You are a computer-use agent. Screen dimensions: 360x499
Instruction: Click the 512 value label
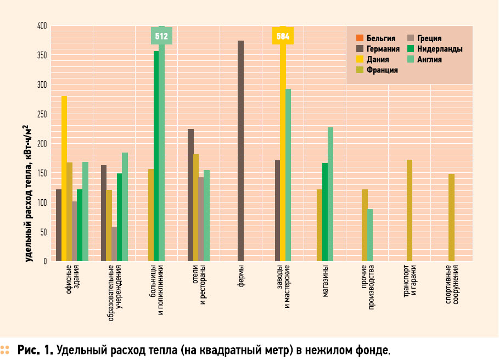pos(161,37)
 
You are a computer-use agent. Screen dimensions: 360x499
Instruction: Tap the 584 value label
pos(283,37)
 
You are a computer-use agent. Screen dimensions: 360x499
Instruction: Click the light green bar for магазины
pos(330,194)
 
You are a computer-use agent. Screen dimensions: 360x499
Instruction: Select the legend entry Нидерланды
pos(439,49)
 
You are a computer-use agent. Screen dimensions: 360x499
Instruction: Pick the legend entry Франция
pos(382,70)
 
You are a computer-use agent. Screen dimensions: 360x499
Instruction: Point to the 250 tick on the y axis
pos(42,114)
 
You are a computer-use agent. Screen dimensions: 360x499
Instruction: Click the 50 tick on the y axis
pos(43,232)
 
